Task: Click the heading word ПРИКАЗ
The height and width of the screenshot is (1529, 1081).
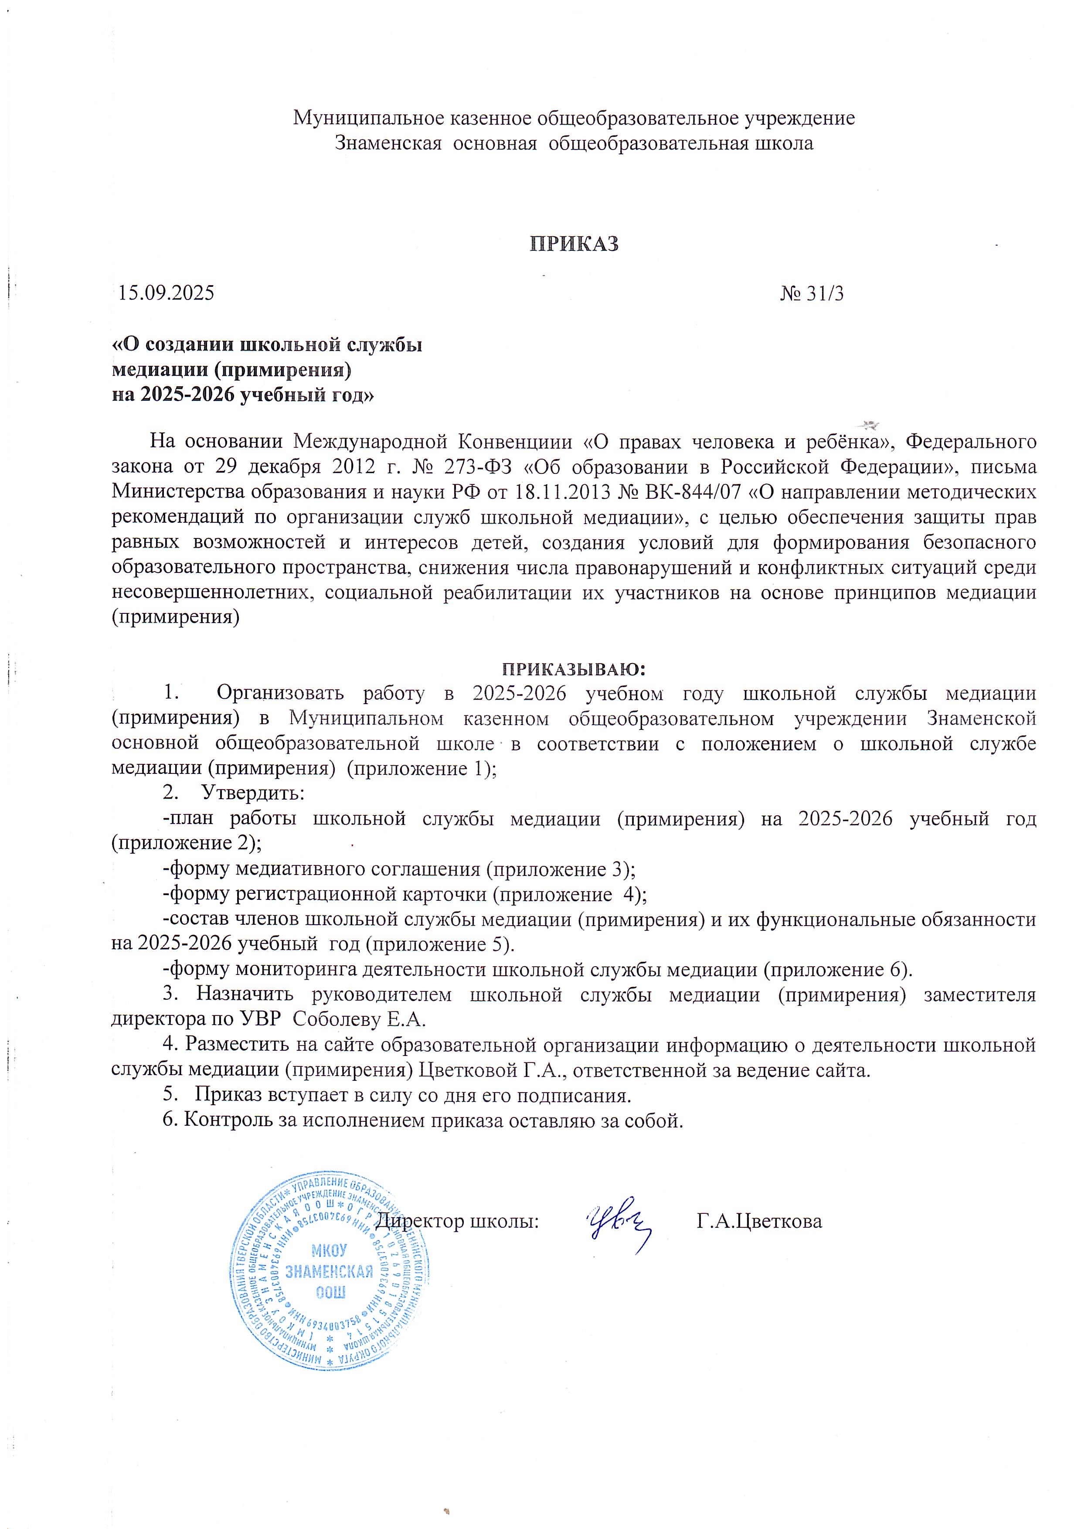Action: pos(574,245)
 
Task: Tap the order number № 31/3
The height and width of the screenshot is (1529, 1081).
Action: pos(812,294)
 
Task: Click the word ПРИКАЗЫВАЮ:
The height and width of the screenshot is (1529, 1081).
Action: pos(574,668)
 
